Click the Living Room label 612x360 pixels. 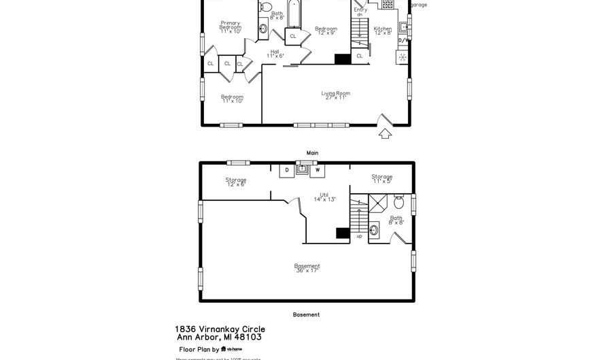click(x=336, y=95)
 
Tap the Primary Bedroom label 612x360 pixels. click(x=230, y=27)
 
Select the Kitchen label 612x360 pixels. click(x=383, y=31)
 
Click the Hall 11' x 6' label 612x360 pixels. click(x=275, y=54)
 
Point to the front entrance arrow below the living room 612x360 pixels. click(x=385, y=133)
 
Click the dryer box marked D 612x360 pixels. click(x=287, y=169)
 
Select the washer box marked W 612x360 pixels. click(x=317, y=169)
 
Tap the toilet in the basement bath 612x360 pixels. click(x=398, y=202)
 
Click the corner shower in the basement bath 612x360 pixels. click(x=377, y=203)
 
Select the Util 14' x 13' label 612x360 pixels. click(x=324, y=197)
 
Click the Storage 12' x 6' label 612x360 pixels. click(x=236, y=182)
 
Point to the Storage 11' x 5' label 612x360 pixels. click(x=381, y=178)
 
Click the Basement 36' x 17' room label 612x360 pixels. click(x=307, y=268)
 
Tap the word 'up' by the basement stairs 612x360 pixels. click(x=359, y=236)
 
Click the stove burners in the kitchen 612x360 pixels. click(x=388, y=4)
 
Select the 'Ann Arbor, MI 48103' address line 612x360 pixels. click(x=219, y=337)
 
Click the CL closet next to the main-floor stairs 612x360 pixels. click(x=360, y=56)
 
